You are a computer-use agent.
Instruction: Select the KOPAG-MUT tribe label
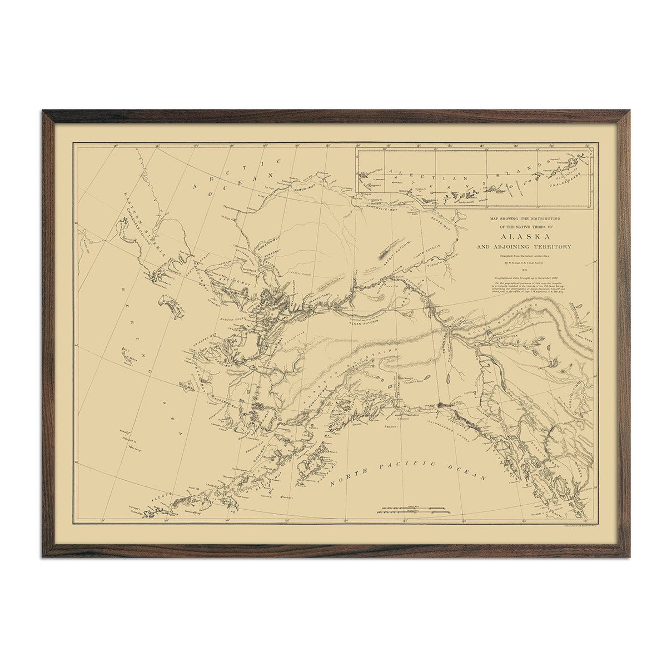[442, 222]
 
